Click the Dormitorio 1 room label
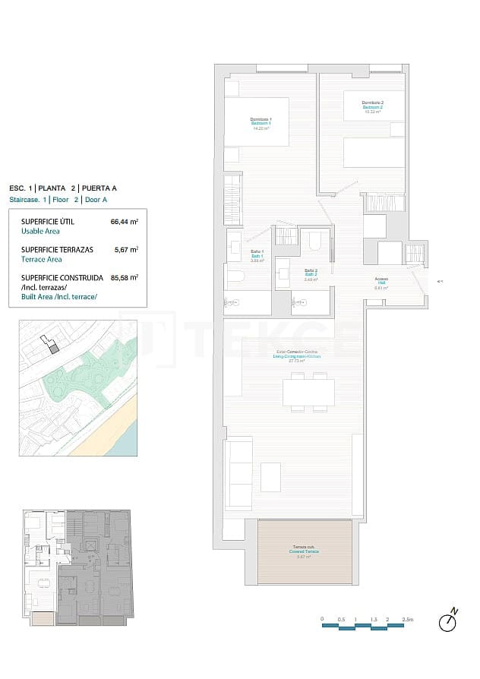coord(261,122)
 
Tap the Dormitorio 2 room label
coord(372,106)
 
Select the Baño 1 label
coord(257,255)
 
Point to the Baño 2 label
coord(310,273)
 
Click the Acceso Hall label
coord(381,283)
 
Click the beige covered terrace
coord(305,552)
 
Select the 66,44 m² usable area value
coord(125,222)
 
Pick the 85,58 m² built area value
coord(125,277)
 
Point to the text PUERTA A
coord(100,188)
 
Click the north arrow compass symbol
coord(449,621)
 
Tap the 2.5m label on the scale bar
coord(407,620)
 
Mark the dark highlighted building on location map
coord(54,348)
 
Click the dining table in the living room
coord(308,393)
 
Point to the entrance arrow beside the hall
coord(440,282)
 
